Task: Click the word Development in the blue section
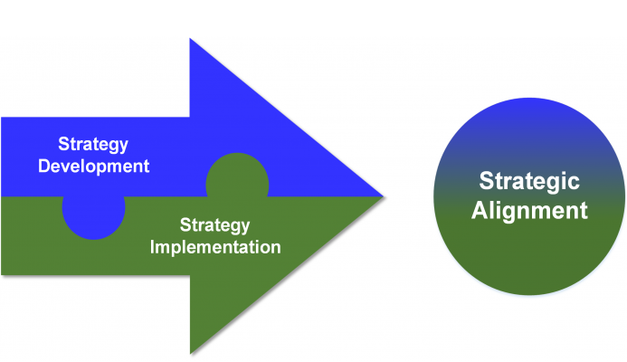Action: pos(93,166)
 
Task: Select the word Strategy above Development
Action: pos(93,145)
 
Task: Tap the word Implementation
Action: pos(215,247)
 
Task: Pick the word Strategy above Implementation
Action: pos(214,225)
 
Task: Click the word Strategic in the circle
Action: pos(529,181)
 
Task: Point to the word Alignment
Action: pos(529,210)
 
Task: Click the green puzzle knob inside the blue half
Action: pos(237,176)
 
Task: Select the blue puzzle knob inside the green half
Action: pos(93,218)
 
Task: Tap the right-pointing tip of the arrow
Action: pos(383,196)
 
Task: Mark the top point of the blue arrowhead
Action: pos(190,39)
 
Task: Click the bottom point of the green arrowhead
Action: pos(190,354)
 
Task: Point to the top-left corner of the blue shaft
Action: pos(2,118)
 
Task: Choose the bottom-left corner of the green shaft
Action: pos(2,275)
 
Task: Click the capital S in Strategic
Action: pos(486,181)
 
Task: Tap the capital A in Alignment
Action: pos(480,210)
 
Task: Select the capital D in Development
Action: pos(44,166)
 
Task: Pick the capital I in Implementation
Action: pos(152,247)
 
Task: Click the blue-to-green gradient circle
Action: pos(529,196)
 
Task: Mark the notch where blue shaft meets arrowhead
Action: pos(189,118)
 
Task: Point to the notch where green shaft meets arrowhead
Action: pos(190,275)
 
